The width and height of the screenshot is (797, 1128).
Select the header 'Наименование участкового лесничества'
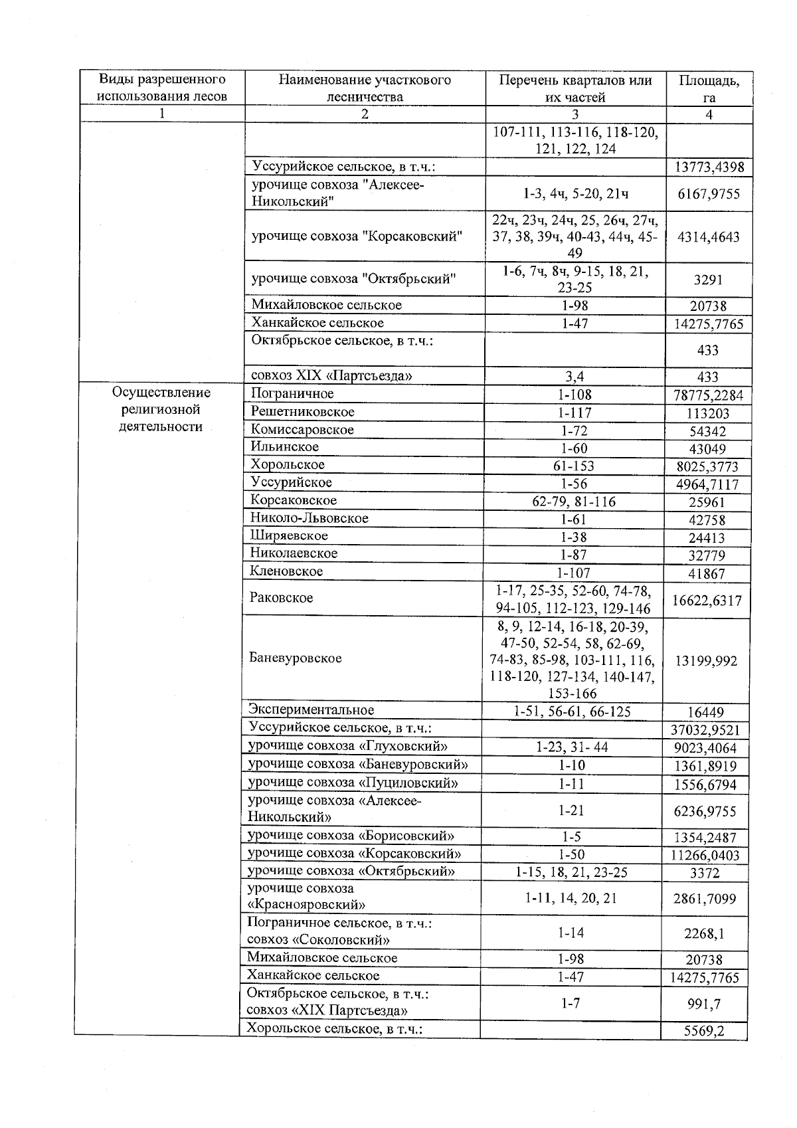pos(365,88)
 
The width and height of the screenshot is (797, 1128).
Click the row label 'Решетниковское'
pos(303,412)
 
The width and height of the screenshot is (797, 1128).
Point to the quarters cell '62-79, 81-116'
pos(574,502)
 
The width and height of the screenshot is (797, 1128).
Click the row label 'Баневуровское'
pos(296,658)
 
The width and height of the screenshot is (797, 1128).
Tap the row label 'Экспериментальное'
pos(311,710)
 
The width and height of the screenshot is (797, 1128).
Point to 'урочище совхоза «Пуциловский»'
pos(353,783)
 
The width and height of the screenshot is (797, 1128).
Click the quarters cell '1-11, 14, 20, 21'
pos(571,898)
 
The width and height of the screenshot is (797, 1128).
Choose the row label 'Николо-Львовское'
pos(310,518)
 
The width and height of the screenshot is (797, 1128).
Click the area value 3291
pos(708,280)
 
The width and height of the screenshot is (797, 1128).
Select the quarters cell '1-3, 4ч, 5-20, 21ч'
pos(575,194)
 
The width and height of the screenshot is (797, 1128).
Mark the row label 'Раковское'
pos(282,598)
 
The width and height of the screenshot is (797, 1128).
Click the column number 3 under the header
pos(575,114)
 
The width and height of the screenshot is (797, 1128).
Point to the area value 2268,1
pos(704,933)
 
